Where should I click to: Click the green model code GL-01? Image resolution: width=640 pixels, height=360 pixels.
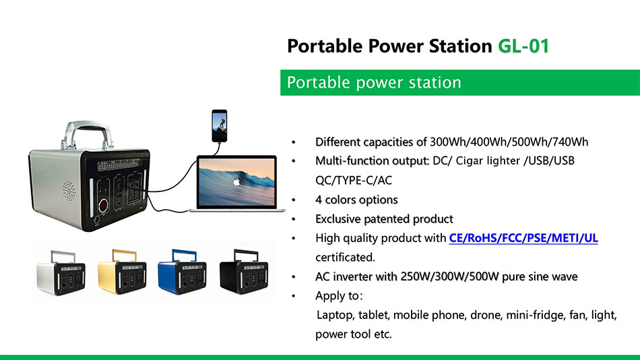click(x=523, y=46)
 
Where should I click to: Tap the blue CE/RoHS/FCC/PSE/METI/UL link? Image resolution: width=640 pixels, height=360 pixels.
click(x=523, y=238)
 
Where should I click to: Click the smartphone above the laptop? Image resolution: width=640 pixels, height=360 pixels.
click(x=219, y=126)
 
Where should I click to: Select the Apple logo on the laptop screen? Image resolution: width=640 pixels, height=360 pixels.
click(x=236, y=182)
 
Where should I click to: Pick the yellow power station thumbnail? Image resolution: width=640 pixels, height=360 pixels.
click(x=122, y=271)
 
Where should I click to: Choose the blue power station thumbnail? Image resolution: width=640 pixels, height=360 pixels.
click(x=182, y=271)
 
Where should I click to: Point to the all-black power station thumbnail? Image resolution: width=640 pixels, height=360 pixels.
click(x=244, y=271)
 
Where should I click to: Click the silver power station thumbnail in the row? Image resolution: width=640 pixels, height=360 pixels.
click(x=61, y=272)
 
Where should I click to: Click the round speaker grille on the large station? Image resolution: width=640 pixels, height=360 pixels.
click(x=69, y=191)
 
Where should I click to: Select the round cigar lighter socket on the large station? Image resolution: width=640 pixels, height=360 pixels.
click(x=103, y=204)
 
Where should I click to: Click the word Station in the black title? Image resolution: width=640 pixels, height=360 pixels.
click(x=460, y=46)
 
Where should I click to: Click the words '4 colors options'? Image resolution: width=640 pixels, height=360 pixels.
click(x=356, y=200)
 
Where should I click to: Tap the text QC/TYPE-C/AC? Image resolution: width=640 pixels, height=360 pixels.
click(x=354, y=180)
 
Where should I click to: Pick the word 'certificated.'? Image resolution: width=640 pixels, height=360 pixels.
click(x=345, y=257)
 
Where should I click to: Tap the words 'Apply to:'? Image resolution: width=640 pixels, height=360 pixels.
click(x=339, y=296)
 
